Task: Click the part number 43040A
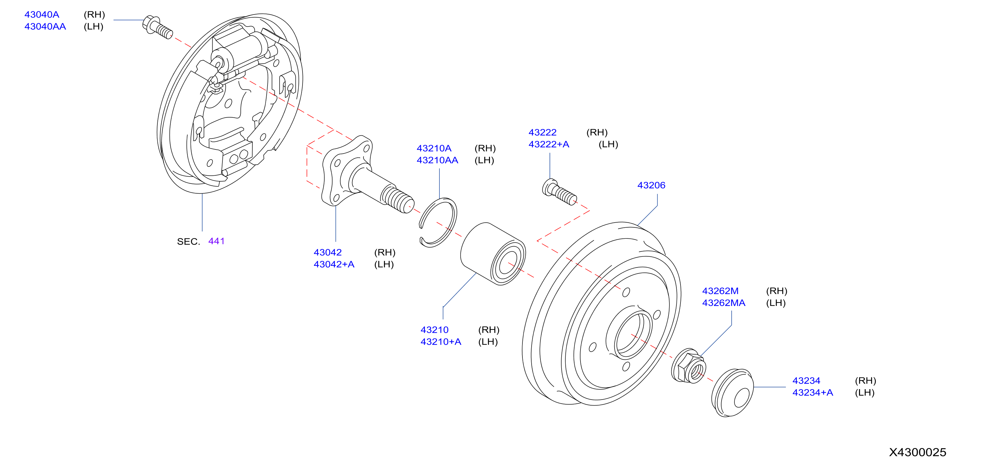click(42, 15)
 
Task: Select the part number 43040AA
click(45, 26)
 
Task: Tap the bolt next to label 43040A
click(157, 27)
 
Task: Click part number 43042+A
click(334, 264)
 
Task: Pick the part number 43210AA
click(437, 160)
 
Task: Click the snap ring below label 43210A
click(438, 223)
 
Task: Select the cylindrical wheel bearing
click(493, 254)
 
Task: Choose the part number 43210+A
click(441, 342)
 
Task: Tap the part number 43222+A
click(549, 144)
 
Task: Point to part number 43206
click(651, 185)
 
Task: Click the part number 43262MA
click(723, 303)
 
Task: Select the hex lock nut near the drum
click(689, 366)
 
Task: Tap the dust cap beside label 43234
click(732, 393)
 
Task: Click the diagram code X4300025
click(917, 452)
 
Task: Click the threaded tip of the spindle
click(398, 198)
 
